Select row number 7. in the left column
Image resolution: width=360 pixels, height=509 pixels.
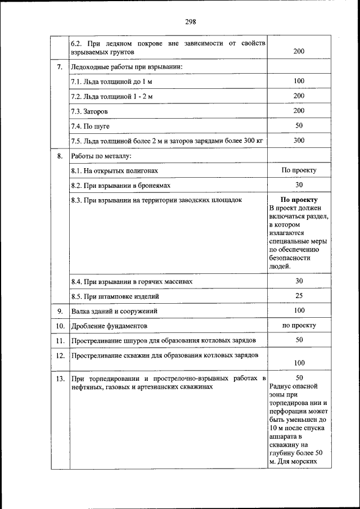(60, 67)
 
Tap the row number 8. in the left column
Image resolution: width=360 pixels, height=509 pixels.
(60, 156)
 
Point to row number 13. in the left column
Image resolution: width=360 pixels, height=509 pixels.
(60, 379)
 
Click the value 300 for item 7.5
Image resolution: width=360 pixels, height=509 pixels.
(299, 140)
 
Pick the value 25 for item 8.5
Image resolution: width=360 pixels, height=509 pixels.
(299, 295)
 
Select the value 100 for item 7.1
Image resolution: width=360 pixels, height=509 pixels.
(299, 82)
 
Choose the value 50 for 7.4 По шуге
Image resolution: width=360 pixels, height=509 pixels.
(299, 125)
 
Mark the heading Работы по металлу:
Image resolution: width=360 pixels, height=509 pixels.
(101, 156)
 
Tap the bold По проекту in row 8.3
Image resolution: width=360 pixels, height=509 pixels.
(299, 200)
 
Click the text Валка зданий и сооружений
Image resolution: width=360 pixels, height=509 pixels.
(114, 310)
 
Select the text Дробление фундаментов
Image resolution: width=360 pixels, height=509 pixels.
(109, 326)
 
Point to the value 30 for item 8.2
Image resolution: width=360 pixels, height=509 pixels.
(299, 185)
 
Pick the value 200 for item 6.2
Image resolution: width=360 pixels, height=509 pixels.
(299, 51)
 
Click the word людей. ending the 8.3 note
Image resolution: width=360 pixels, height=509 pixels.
(280, 266)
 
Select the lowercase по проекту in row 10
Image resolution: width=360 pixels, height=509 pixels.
(299, 325)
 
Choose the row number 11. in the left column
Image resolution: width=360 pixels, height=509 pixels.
(60, 340)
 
